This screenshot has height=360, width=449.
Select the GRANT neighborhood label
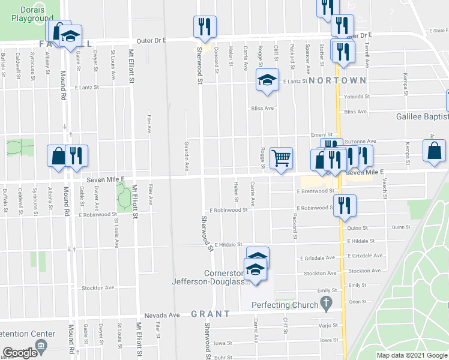pos(211,314)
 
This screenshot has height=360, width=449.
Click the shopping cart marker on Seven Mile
pos(281,158)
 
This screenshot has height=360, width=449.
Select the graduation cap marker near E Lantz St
pos(267,80)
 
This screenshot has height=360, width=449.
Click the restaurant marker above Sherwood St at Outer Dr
pos(204,26)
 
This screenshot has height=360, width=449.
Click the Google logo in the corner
pos(20,353)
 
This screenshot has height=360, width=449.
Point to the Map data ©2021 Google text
pos(411,355)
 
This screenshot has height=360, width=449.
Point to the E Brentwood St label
pos(315,191)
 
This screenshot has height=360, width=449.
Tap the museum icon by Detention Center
pos(41,345)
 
